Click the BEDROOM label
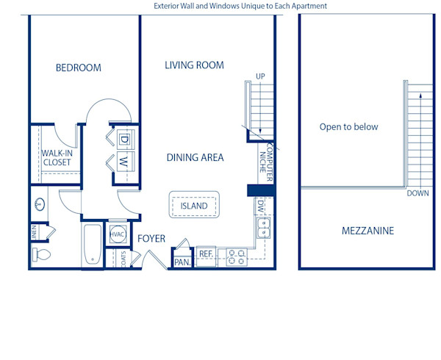point(79,68)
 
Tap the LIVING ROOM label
point(194,65)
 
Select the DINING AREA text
point(195,157)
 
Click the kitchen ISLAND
point(194,206)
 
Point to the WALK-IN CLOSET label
point(56,158)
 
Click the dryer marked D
point(123,139)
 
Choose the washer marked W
point(123,160)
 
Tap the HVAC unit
point(118,234)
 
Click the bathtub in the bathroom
point(92,245)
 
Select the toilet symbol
point(41,255)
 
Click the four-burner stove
point(237,256)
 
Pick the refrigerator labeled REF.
point(206,254)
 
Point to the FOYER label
point(151,239)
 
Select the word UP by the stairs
point(260,76)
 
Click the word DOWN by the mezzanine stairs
point(417,194)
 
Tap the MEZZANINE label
point(367,231)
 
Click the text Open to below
point(348,127)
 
